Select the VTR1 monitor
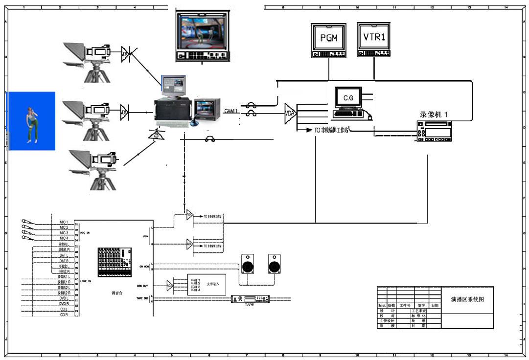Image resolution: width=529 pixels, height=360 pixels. [x=374, y=37]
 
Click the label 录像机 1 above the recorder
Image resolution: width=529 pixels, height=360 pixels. [x=434, y=114]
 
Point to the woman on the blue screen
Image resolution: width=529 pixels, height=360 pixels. [x=32, y=124]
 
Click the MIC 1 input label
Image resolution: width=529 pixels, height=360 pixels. [x=64, y=222]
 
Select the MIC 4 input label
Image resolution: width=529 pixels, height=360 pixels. [x=64, y=238]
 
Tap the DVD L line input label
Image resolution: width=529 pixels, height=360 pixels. [x=64, y=298]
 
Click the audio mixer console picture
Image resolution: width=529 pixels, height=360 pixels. [x=115, y=262]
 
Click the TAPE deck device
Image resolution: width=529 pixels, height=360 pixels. [x=250, y=299]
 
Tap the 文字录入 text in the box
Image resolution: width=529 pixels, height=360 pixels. [x=213, y=284]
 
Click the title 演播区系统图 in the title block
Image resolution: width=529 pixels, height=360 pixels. [x=467, y=299]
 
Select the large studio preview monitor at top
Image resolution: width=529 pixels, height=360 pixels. [x=202, y=32]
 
